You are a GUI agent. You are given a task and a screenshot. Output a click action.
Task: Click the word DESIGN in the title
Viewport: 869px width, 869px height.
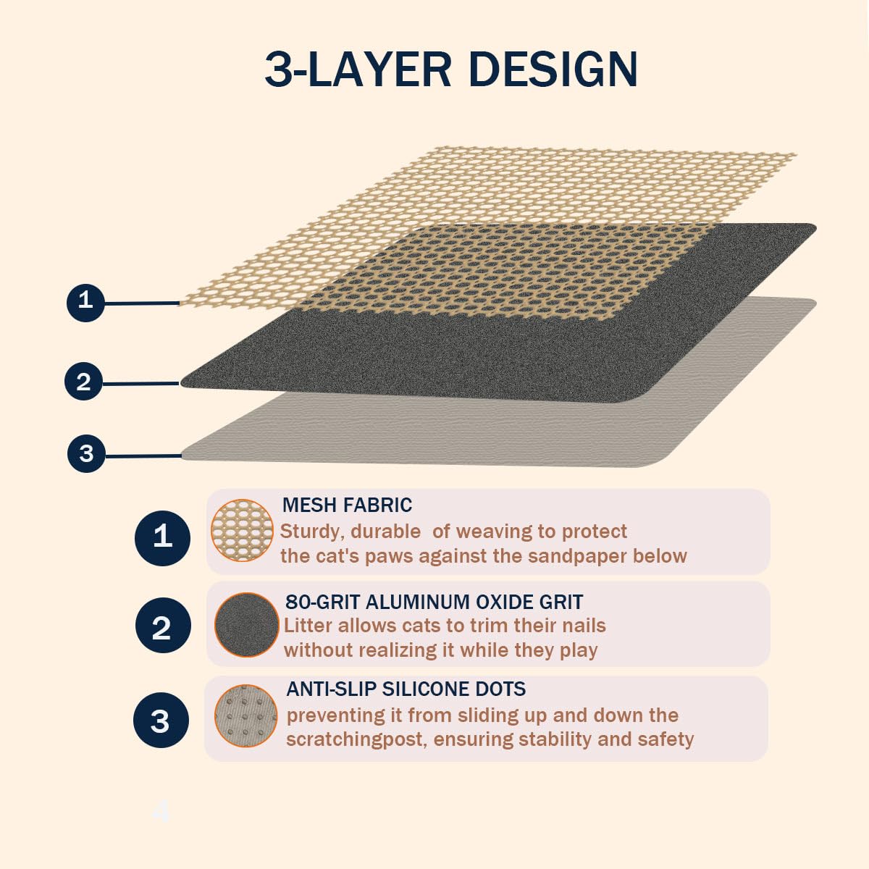[x=553, y=70]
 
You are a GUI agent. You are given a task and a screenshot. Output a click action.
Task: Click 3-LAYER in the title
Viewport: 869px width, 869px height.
[x=358, y=70]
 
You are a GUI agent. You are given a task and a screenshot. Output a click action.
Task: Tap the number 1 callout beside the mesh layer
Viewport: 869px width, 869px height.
[x=85, y=303]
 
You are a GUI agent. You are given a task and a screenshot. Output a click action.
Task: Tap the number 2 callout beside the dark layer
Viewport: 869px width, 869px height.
[x=84, y=381]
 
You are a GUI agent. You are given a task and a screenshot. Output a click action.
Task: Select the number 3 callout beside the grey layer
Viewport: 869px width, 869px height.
[x=86, y=453]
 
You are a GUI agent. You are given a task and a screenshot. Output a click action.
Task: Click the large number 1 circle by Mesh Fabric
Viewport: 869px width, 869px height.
[x=162, y=538]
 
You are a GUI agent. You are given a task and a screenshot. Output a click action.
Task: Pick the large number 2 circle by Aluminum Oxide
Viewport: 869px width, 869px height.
[x=163, y=625]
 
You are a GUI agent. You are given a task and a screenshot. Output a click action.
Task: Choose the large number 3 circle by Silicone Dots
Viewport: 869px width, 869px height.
[x=161, y=720]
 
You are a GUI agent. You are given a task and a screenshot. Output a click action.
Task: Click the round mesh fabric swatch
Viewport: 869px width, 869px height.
[x=242, y=530]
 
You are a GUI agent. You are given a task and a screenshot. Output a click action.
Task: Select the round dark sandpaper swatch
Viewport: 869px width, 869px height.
[x=246, y=624]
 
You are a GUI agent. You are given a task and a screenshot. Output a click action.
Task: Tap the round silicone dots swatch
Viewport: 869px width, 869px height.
[x=245, y=716]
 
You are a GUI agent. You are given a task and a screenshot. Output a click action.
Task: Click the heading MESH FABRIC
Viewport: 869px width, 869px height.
[x=347, y=505]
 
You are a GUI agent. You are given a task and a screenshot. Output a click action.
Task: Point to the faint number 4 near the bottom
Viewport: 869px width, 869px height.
[x=161, y=811]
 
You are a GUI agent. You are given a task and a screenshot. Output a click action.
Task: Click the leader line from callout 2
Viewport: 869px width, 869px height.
[x=141, y=384]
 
